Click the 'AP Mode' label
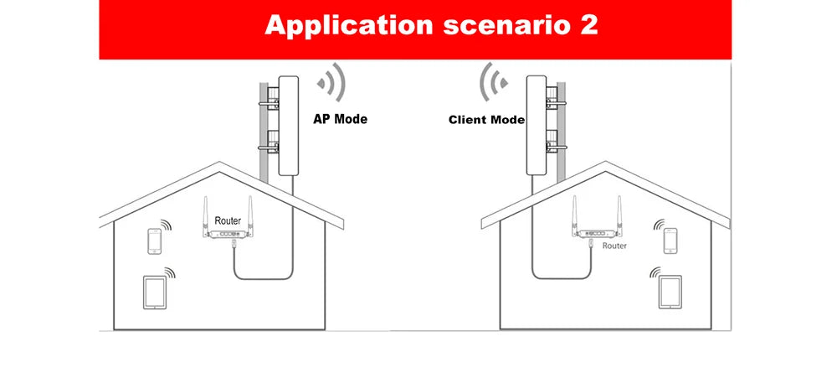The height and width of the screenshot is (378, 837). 340,119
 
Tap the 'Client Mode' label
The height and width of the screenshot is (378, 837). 486,120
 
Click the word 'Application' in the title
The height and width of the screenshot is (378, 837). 348,26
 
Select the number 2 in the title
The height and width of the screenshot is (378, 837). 588,25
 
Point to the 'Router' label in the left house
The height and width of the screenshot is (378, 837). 228,220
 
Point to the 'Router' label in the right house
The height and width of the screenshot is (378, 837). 614,246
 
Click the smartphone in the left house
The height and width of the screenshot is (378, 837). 154,241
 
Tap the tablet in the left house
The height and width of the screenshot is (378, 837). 155,292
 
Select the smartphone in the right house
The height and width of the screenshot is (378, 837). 670,241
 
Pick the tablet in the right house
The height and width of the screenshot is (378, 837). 670,292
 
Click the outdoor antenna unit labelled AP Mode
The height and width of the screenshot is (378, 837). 288,126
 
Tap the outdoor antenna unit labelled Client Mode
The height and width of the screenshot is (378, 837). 536,126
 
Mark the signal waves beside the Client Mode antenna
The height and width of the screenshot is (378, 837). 493,82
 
